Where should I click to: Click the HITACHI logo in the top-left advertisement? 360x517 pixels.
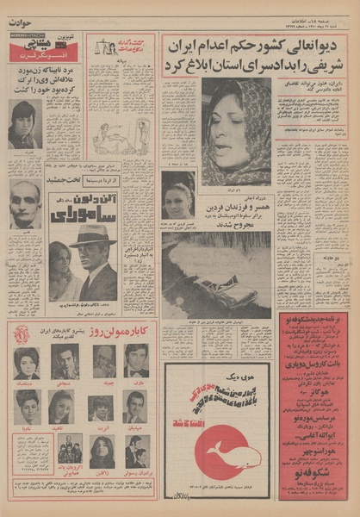pyautogui.click(x=24, y=38)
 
